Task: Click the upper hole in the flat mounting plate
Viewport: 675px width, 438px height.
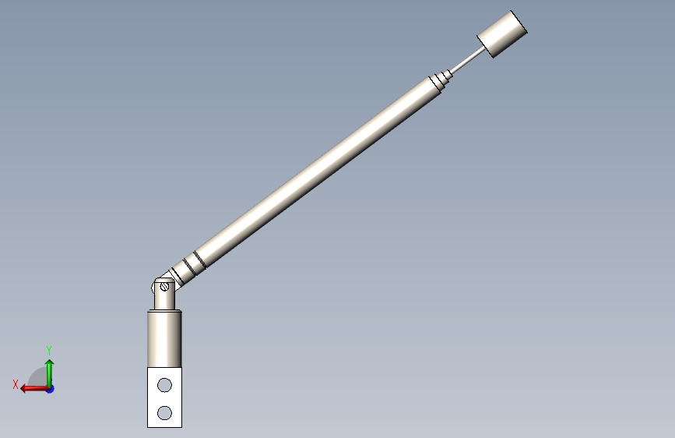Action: pyautogui.click(x=164, y=385)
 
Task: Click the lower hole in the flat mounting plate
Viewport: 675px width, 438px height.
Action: pyautogui.click(x=164, y=413)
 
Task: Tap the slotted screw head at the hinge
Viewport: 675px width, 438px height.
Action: pyautogui.click(x=164, y=286)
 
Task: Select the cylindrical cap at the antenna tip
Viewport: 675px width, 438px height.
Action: pyautogui.click(x=502, y=34)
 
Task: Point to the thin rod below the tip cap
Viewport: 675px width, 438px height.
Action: pyautogui.click(x=468, y=60)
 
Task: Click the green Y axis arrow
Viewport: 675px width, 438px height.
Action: pyautogui.click(x=50, y=373)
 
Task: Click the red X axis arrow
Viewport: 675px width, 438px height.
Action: pyautogui.click(x=34, y=388)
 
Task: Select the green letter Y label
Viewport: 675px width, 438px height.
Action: pyautogui.click(x=49, y=350)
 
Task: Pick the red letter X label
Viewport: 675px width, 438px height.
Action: pyautogui.click(x=16, y=384)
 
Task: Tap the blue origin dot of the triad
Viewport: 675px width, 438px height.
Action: pyautogui.click(x=51, y=389)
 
